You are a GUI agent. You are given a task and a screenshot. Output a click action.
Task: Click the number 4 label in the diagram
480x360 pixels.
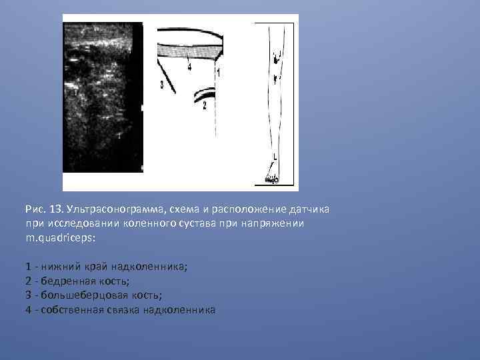(189, 67)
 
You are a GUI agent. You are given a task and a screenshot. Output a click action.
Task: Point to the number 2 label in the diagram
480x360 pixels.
(205, 105)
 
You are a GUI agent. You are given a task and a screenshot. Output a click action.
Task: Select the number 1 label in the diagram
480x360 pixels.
(219, 71)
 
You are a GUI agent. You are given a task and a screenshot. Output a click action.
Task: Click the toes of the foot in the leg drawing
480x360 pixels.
(271, 179)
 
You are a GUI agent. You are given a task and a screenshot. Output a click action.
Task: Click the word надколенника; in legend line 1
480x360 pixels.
(159, 267)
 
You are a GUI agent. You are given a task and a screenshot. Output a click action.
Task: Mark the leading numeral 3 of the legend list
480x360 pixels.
(28, 295)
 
